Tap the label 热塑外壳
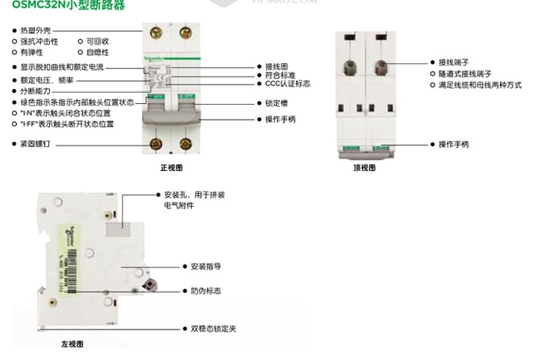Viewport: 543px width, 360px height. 36,31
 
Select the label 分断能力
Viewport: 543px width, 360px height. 35,91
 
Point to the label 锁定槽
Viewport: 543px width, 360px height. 277,103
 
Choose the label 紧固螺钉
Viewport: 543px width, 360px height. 35,143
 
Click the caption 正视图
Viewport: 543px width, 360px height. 171,168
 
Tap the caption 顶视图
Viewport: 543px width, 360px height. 364,168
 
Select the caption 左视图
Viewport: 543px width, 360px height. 72,344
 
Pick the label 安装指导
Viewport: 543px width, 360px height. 206,266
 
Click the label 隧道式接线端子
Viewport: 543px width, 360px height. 465,74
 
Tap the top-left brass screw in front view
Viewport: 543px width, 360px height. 157,33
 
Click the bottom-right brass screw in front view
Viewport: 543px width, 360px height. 185,143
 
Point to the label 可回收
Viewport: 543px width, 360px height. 97,42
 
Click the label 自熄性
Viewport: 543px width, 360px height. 97,53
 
